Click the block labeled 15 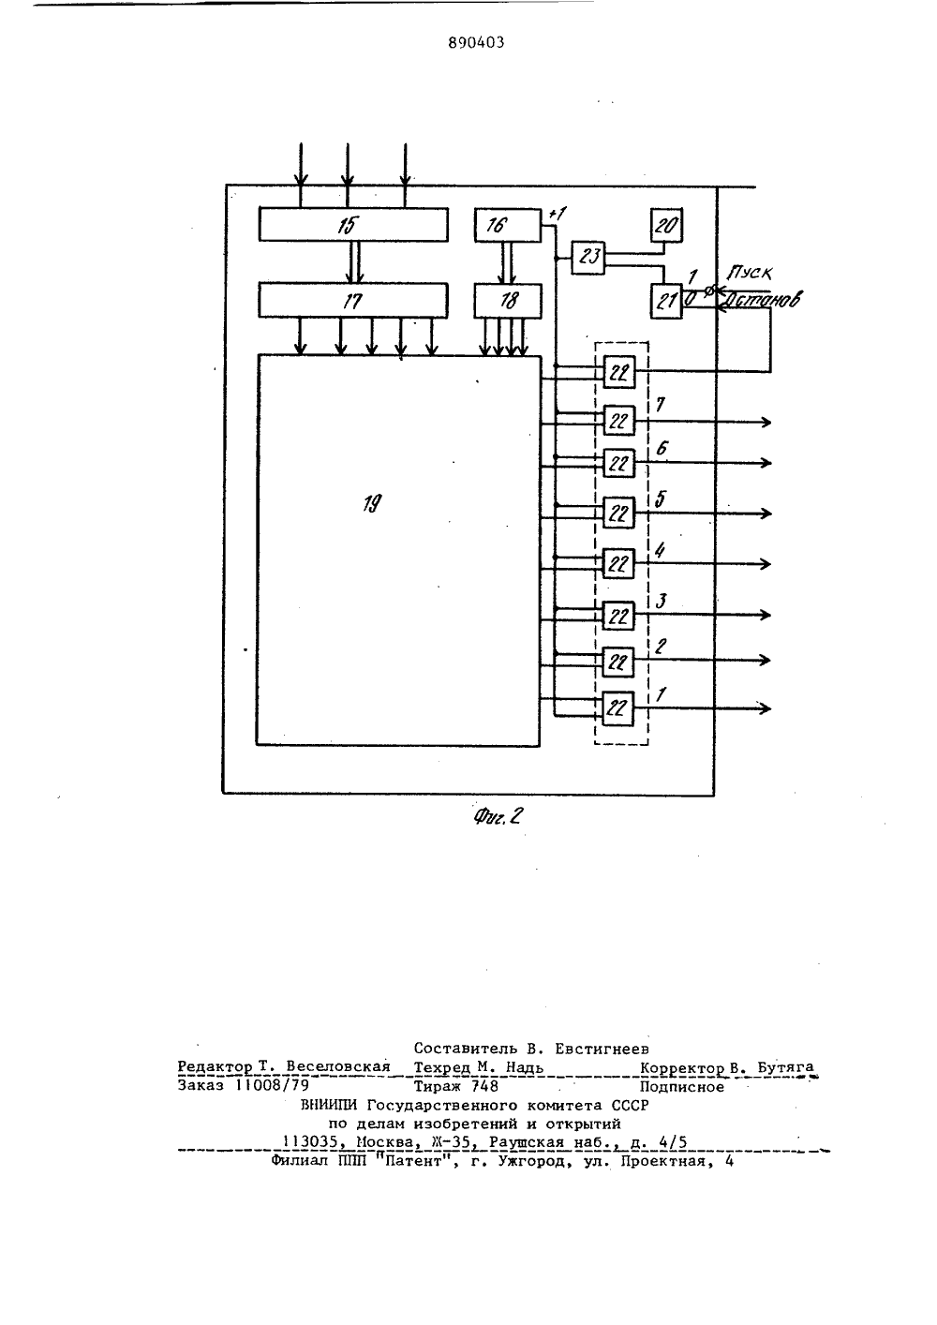tap(353, 225)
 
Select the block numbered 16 tap(508, 226)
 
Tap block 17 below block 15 tap(353, 301)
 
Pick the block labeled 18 tap(508, 301)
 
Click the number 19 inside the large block tap(372, 503)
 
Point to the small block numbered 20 tap(666, 226)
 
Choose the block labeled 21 tap(666, 301)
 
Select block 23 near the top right tap(588, 258)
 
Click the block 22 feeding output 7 tap(618, 421)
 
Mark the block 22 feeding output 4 tap(618, 564)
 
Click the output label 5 tap(661, 499)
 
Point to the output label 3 tap(662, 602)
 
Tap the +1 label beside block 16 tap(557, 214)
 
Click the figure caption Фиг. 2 tap(498, 817)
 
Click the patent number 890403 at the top tap(476, 42)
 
